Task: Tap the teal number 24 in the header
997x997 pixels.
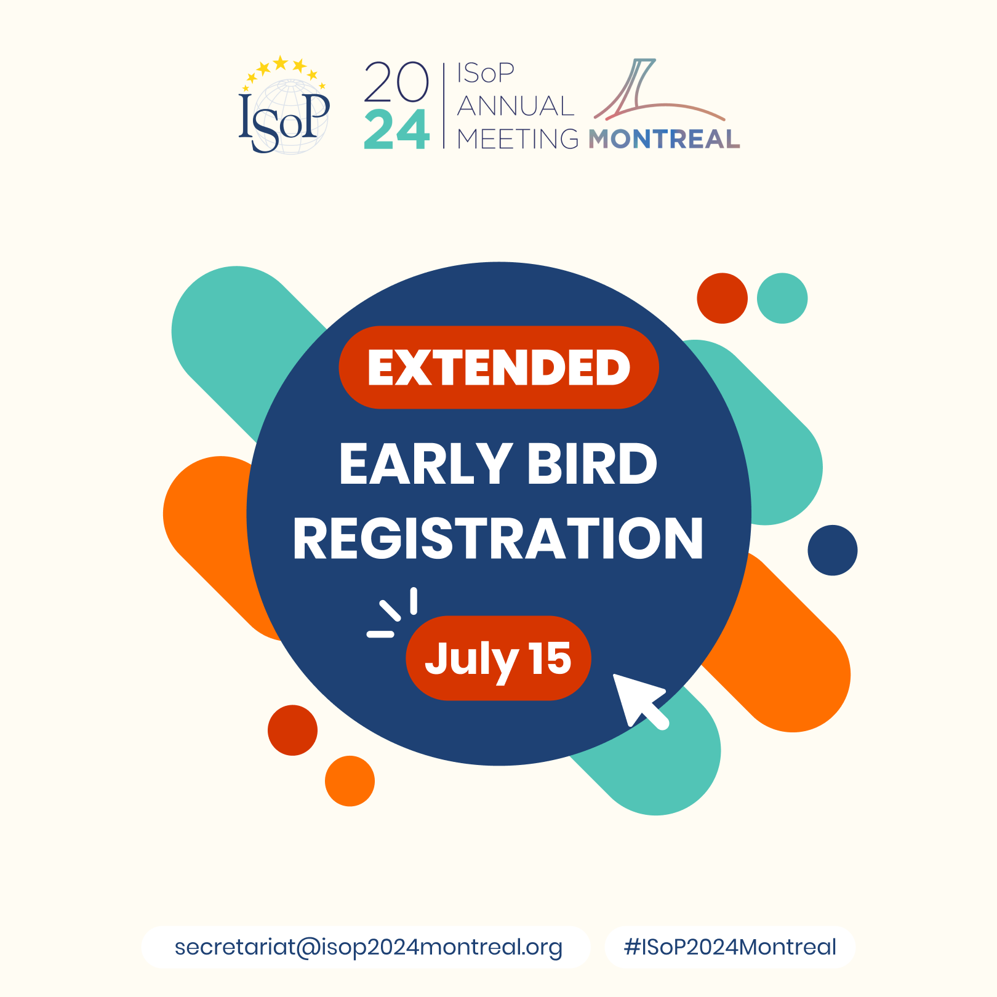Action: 396,130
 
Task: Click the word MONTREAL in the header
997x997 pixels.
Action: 664,139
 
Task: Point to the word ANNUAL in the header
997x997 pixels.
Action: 516,106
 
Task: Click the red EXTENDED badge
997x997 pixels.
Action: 499,367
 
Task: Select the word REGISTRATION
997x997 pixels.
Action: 498,539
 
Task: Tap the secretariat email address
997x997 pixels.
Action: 368,947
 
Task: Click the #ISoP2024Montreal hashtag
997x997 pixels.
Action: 730,947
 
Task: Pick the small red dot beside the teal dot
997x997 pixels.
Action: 722,298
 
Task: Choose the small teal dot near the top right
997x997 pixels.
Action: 782,298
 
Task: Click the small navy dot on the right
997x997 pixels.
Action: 833,550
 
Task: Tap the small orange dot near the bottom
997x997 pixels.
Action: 350,781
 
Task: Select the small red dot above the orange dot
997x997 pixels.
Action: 293,731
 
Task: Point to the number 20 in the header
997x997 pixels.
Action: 396,82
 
